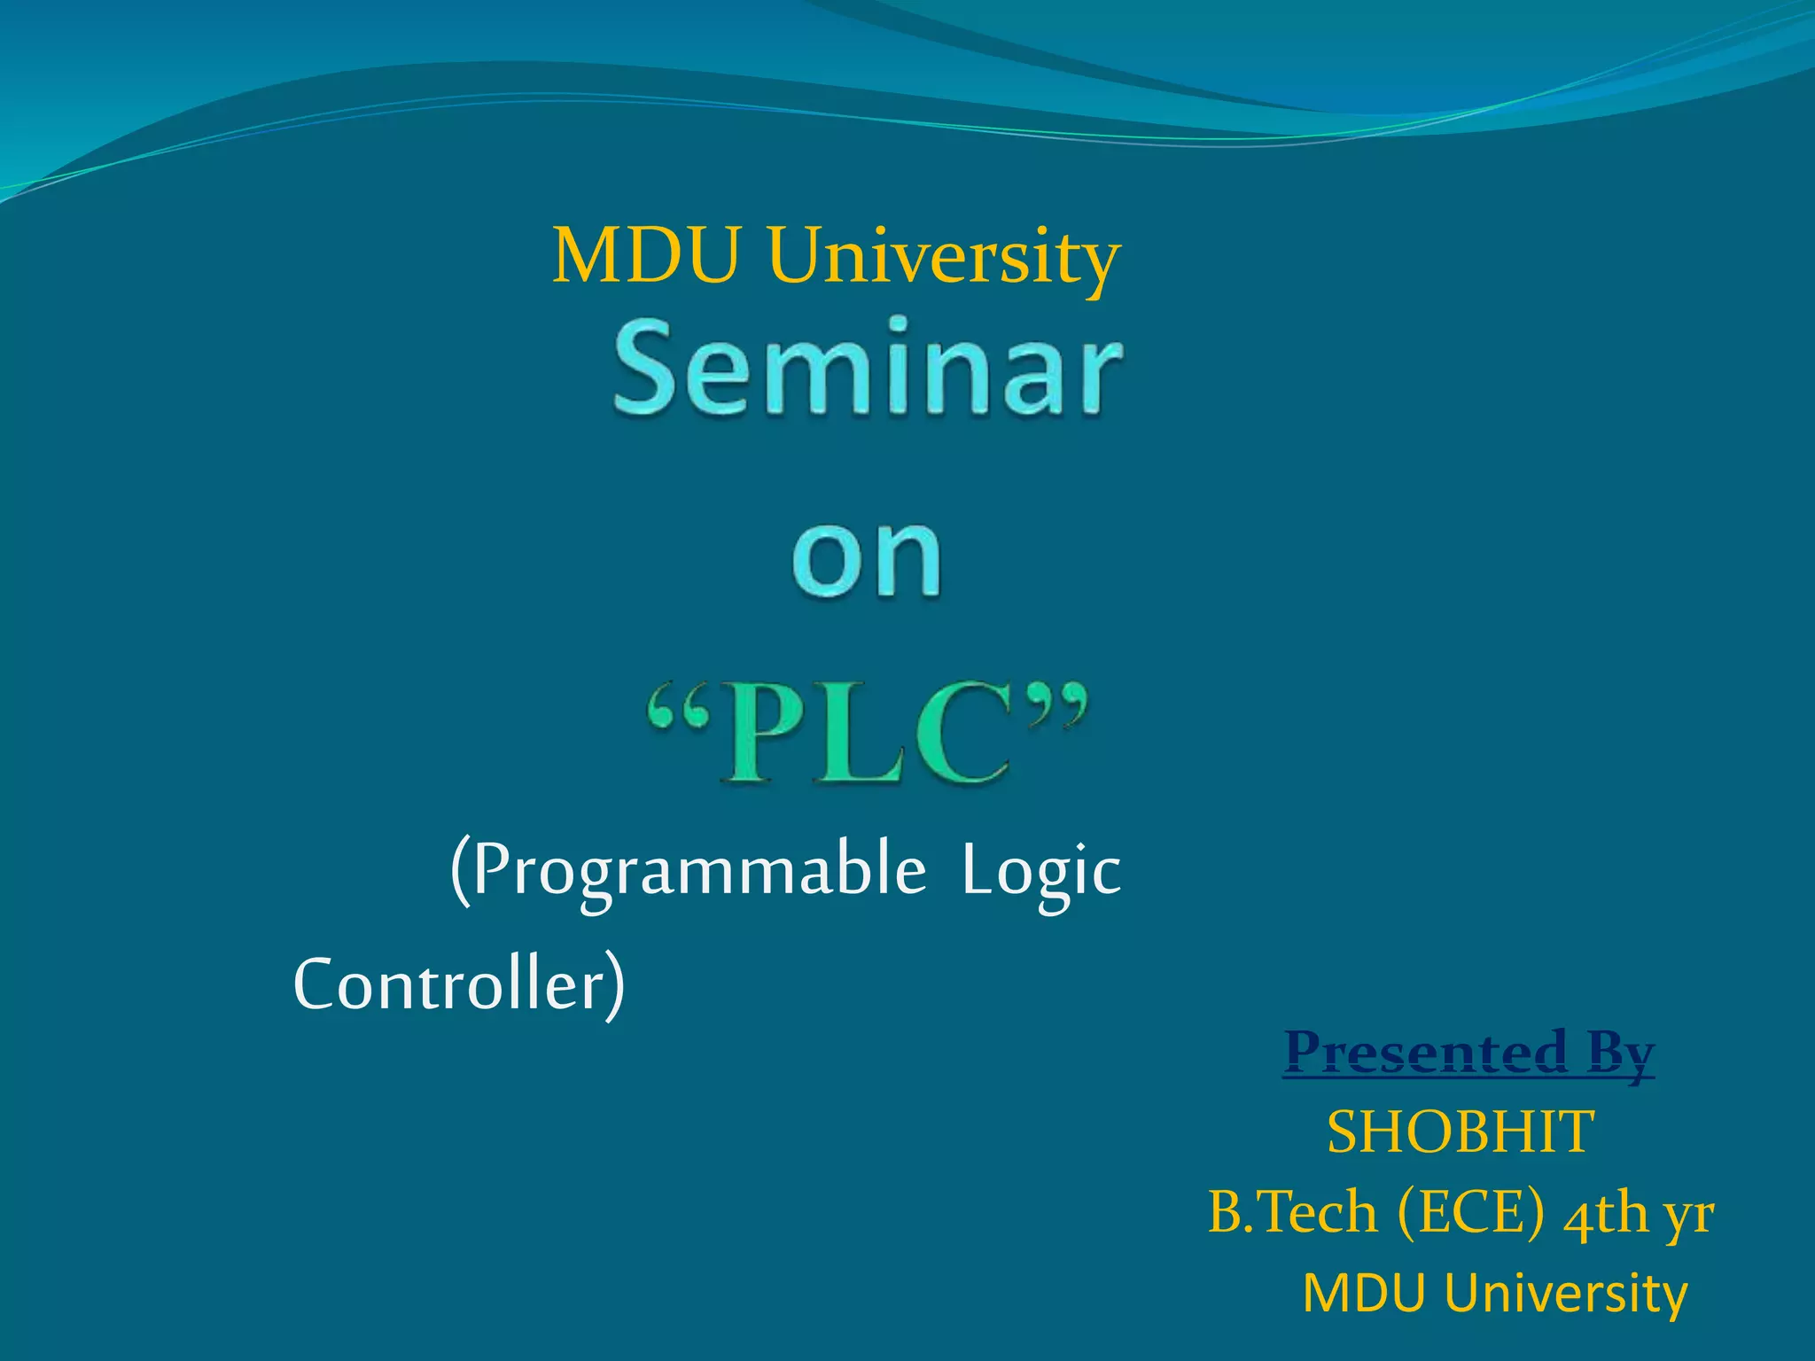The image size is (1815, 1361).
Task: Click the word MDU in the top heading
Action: pos(645,257)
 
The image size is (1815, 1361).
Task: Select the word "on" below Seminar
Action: pos(867,558)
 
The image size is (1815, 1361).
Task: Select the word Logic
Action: pos(1040,873)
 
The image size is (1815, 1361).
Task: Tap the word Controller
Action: pos(448,985)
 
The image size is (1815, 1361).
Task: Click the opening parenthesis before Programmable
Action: pos(460,873)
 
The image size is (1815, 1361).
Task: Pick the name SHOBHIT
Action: pos(1461,1132)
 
